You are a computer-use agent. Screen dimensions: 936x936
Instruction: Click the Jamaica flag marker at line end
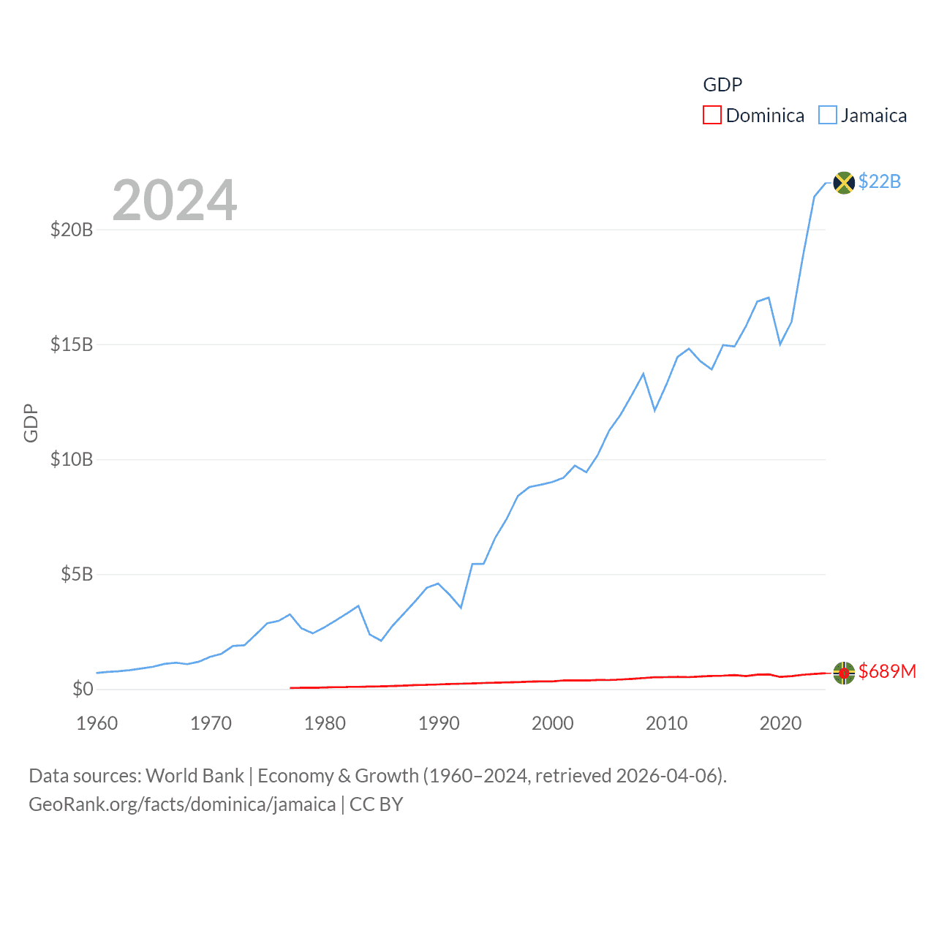[844, 182]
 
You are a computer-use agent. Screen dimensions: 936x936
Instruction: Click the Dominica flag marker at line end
[844, 672]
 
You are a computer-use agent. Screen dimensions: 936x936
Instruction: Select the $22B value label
[880, 181]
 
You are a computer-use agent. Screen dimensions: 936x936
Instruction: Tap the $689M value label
[887, 671]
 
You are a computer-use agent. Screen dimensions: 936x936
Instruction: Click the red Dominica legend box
[712, 116]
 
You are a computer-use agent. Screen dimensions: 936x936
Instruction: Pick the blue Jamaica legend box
[827, 116]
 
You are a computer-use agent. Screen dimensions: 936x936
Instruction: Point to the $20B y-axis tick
[72, 230]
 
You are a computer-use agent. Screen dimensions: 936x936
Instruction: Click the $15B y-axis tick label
[72, 344]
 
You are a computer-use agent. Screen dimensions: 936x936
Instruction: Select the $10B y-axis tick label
[72, 459]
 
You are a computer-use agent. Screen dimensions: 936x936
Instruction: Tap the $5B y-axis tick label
[77, 574]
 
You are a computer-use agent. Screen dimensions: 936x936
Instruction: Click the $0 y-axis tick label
[83, 689]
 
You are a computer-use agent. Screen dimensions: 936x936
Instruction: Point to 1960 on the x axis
[97, 723]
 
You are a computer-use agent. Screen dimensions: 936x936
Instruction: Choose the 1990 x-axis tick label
[439, 723]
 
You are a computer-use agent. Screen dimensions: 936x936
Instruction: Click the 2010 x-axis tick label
[666, 723]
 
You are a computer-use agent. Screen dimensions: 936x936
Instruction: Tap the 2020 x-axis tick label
[780, 723]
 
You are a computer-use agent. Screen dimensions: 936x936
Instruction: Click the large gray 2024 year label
[175, 200]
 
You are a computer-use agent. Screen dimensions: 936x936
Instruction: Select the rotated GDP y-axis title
[31, 423]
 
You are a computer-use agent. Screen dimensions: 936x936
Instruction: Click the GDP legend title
[722, 85]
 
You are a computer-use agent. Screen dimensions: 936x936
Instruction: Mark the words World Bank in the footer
[195, 775]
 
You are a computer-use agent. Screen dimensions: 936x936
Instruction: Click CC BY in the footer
[376, 804]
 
